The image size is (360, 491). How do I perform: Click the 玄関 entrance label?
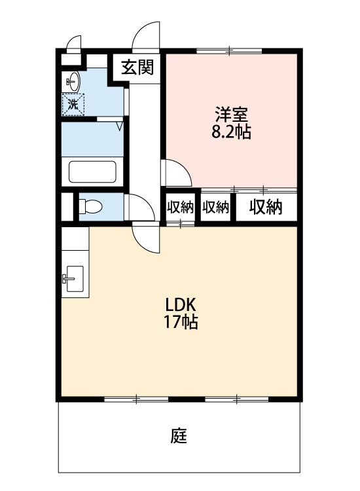(x=137, y=67)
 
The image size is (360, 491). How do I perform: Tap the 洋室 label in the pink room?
(x=231, y=115)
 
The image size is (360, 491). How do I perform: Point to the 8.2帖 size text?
(x=231, y=132)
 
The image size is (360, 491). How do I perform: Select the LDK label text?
(x=180, y=304)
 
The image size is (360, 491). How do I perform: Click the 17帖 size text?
(x=181, y=322)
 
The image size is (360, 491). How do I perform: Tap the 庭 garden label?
(x=179, y=435)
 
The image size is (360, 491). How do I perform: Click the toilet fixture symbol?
(x=90, y=207)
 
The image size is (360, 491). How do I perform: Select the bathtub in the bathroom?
(x=92, y=172)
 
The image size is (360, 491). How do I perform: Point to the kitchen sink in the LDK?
(x=73, y=279)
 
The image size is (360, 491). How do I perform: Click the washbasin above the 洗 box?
(x=73, y=81)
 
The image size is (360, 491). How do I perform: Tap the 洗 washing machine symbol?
(x=73, y=105)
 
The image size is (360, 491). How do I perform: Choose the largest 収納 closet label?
(x=266, y=207)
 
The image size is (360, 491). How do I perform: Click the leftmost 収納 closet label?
(x=180, y=207)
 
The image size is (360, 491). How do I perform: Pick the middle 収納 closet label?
(x=215, y=207)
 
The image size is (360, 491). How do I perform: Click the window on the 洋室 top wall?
(x=230, y=50)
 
